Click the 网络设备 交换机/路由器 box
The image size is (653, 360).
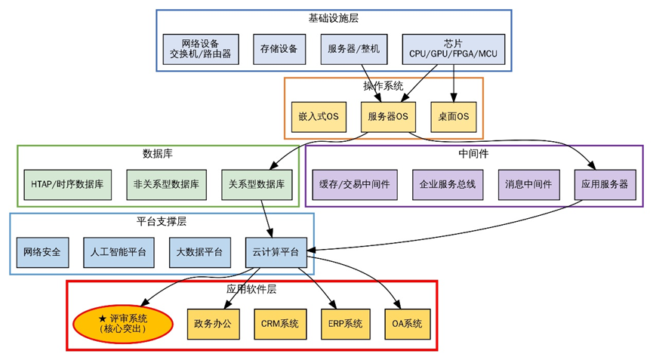pos(201,49)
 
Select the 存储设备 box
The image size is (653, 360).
pos(279,49)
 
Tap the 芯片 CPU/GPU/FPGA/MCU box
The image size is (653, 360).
pos(454,49)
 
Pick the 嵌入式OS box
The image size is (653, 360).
pos(319,117)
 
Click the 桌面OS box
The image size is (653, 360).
pos(454,117)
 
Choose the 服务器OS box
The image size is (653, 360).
pos(388,117)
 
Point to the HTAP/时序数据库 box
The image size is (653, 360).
pos(67,185)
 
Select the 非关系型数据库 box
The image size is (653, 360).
pos(167,185)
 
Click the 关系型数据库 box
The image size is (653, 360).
pos(257,185)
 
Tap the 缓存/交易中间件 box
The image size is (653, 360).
pos(355,185)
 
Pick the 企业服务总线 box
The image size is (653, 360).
pos(448,185)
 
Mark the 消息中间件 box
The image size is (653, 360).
pos(529,185)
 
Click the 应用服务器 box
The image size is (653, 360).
pos(605,185)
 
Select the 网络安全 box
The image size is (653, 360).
pos(42,253)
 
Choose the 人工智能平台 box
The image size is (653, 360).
pos(119,253)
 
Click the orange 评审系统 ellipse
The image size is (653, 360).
pos(123,325)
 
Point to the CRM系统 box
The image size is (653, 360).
pos(280,325)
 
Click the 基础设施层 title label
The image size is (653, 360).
pos(333,18)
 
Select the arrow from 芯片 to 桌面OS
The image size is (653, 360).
pos(454,83)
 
